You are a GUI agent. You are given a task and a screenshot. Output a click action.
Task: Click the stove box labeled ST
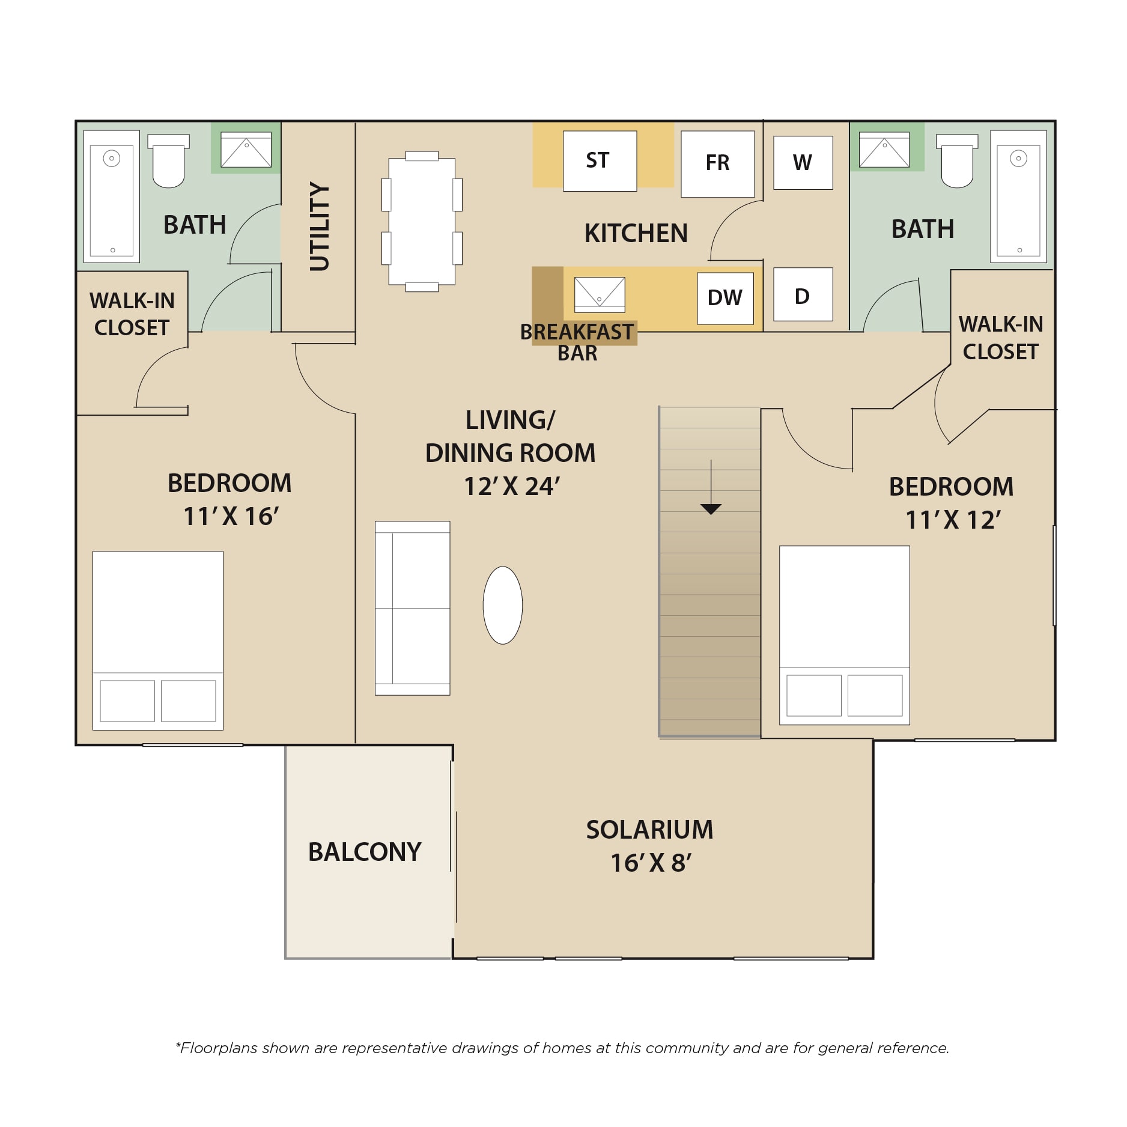click(600, 161)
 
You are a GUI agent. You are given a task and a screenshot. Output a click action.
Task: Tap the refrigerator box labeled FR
click(717, 164)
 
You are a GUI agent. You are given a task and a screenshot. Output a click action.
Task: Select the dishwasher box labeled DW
click(725, 298)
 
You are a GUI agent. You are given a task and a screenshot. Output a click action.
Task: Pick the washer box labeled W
click(803, 163)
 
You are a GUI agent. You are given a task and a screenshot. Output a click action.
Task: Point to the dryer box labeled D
click(803, 294)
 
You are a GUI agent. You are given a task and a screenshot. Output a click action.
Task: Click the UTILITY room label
click(320, 226)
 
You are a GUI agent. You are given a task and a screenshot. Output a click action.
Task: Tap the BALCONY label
click(365, 852)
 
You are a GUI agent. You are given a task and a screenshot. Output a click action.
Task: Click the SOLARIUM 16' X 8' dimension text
click(651, 863)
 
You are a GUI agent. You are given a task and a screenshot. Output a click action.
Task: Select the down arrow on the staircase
click(711, 487)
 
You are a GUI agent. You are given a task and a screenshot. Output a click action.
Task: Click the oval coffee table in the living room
click(503, 605)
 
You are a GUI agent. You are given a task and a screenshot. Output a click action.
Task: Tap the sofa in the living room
click(412, 608)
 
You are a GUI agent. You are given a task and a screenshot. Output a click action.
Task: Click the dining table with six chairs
click(422, 221)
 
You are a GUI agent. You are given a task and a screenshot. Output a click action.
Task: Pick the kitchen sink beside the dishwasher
click(600, 294)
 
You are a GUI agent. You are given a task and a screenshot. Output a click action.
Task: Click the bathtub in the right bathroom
click(1018, 196)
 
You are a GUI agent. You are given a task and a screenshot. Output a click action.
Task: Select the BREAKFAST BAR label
click(577, 342)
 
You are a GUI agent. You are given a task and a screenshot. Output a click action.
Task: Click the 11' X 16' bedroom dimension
click(231, 517)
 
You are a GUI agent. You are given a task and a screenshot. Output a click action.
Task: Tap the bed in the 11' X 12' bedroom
click(844, 635)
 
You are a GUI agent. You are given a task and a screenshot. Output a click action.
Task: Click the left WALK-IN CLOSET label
click(132, 314)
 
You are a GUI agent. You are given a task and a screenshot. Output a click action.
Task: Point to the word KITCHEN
click(636, 233)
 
